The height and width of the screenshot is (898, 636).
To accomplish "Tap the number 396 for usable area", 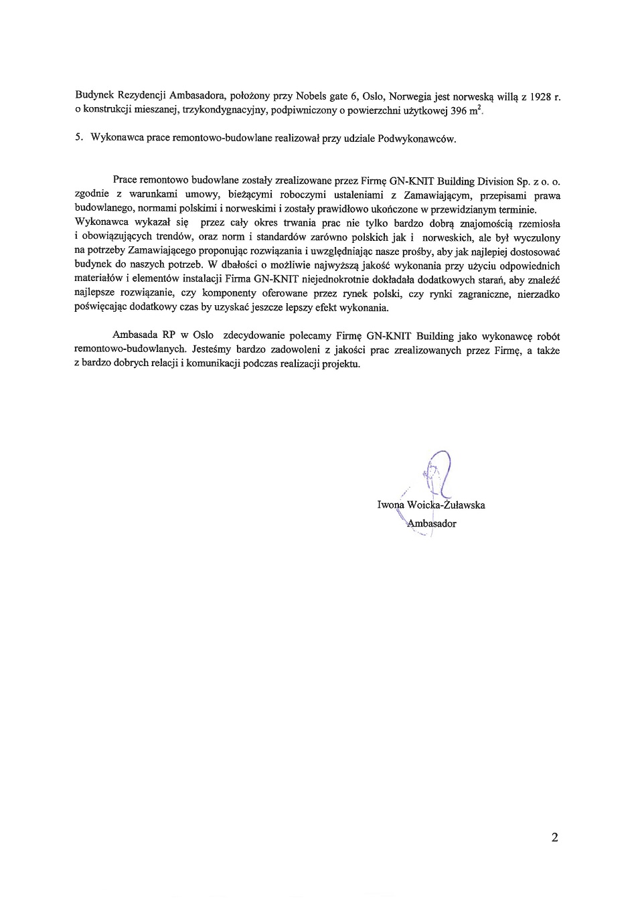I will (x=459, y=110).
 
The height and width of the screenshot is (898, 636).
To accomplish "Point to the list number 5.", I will (x=78, y=139).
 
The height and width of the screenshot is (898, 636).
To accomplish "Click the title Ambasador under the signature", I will (x=432, y=523).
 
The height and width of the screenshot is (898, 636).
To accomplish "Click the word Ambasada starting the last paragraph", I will (x=134, y=336).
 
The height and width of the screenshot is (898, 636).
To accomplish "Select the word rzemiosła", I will (x=540, y=223).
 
